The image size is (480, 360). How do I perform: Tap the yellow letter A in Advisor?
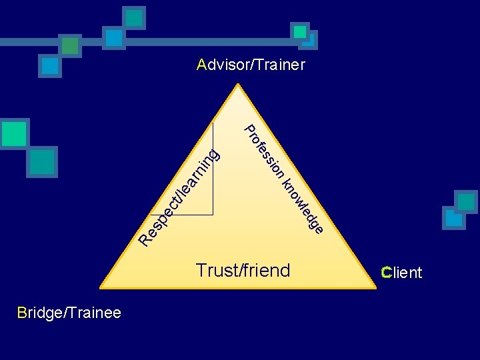(202, 65)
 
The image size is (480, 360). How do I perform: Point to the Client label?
(401, 273)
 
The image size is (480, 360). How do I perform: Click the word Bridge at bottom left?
(39, 313)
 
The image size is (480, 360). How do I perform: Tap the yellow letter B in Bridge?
(22, 313)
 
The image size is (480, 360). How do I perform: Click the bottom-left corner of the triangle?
(100, 287)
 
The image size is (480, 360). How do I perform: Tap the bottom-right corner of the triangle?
(375, 287)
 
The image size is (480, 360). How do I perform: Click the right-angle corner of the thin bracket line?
(213, 215)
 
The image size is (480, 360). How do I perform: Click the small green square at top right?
(300, 31)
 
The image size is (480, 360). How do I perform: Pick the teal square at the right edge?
(465, 201)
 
